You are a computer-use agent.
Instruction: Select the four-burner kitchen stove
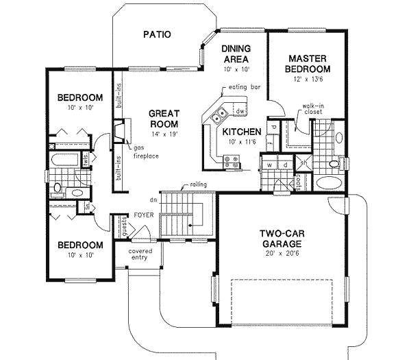(232, 162)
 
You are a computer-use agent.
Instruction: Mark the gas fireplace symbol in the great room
(119, 130)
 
